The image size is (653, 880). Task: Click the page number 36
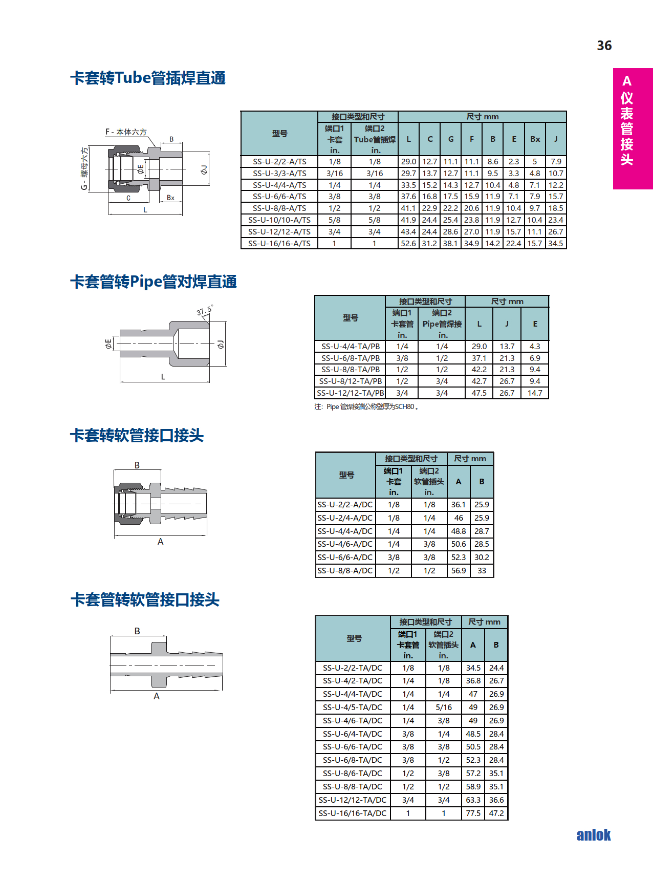(x=604, y=46)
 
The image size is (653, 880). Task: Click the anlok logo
(x=594, y=835)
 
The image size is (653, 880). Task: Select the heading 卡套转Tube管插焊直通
(x=148, y=78)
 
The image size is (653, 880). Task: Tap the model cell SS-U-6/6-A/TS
(x=279, y=197)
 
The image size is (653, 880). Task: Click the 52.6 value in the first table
(x=408, y=244)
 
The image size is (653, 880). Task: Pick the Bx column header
(x=535, y=139)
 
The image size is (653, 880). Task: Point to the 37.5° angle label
(x=204, y=310)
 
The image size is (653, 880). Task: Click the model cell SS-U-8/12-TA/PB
(x=350, y=381)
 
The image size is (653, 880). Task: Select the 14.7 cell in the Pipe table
(x=535, y=393)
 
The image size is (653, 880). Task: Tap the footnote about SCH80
(x=366, y=407)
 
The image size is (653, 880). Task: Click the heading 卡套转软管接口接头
(x=137, y=436)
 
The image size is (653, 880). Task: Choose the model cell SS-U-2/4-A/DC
(x=345, y=518)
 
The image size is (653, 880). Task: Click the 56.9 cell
(x=459, y=571)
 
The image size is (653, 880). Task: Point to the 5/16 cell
(x=444, y=707)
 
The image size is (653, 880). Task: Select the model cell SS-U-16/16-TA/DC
(x=353, y=813)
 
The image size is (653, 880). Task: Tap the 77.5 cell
(x=473, y=813)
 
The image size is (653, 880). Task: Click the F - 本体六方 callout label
(x=126, y=132)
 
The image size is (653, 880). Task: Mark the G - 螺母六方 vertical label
(x=84, y=168)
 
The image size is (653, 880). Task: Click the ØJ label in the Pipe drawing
(x=221, y=344)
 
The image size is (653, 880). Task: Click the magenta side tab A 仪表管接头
(x=633, y=128)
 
